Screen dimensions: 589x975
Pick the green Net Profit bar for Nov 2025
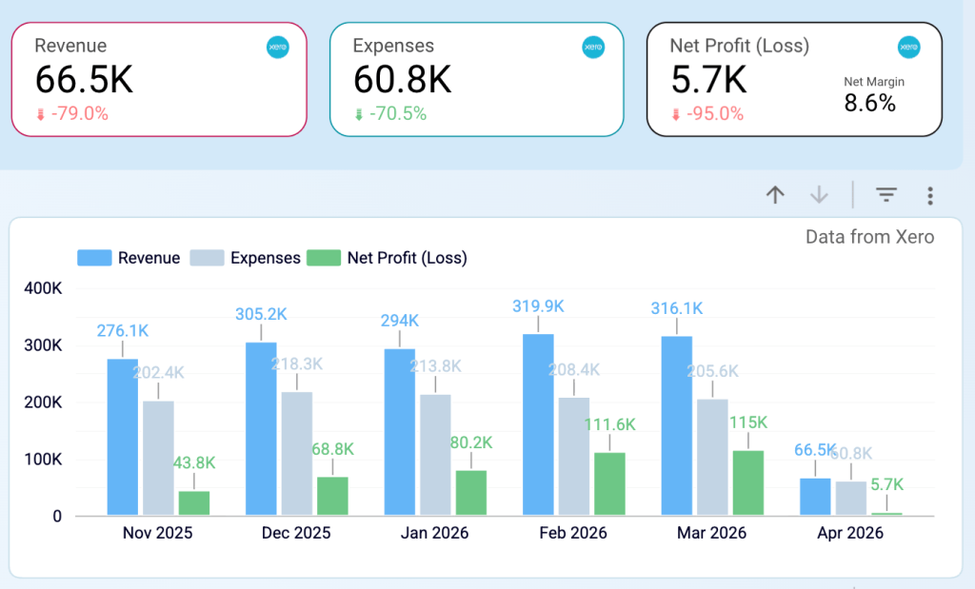[x=193, y=503]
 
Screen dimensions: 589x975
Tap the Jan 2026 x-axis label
[x=434, y=533]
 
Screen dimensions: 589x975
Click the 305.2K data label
[x=261, y=313]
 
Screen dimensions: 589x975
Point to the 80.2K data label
[x=471, y=442]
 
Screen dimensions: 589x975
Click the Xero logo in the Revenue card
[x=278, y=47]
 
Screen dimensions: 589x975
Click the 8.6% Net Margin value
[x=870, y=104]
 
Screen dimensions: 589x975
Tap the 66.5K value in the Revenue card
[x=84, y=80]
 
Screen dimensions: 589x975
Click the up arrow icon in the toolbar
[x=775, y=195]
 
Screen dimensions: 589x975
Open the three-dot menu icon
[x=930, y=196]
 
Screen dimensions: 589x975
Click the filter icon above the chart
[x=886, y=195]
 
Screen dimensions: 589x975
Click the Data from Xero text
[x=869, y=237]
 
